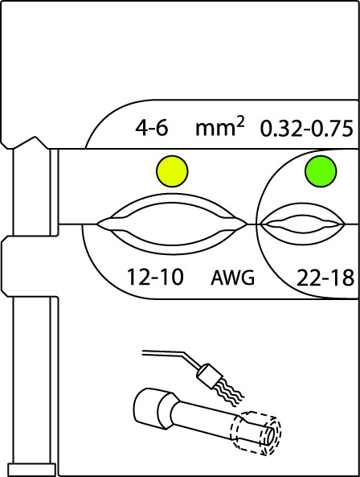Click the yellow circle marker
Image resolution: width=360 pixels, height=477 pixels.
[x=172, y=171]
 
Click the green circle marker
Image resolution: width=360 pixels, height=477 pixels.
[x=321, y=171]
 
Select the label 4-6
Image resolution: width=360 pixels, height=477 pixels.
[x=151, y=128]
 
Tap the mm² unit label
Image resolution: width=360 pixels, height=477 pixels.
[x=219, y=128]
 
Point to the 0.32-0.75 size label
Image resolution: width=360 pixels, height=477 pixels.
[x=307, y=129]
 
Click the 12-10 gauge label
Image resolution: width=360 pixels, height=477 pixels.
[x=155, y=277]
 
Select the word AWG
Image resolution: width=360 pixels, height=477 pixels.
[x=232, y=278]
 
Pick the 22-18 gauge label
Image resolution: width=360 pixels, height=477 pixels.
[x=325, y=278]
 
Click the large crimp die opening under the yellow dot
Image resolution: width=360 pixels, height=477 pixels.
[x=172, y=224]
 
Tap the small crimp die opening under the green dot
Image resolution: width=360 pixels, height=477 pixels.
[x=302, y=224]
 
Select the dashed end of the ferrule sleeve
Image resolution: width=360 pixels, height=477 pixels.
[x=256, y=433]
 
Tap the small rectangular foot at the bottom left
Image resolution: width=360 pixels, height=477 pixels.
[x=32, y=470]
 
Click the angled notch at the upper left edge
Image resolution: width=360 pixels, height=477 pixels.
[x=31, y=142]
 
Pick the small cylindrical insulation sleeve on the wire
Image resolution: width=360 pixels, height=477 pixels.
[x=208, y=376]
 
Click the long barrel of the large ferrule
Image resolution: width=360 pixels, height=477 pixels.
[x=207, y=420]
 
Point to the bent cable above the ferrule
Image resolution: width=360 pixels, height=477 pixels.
[x=170, y=356]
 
